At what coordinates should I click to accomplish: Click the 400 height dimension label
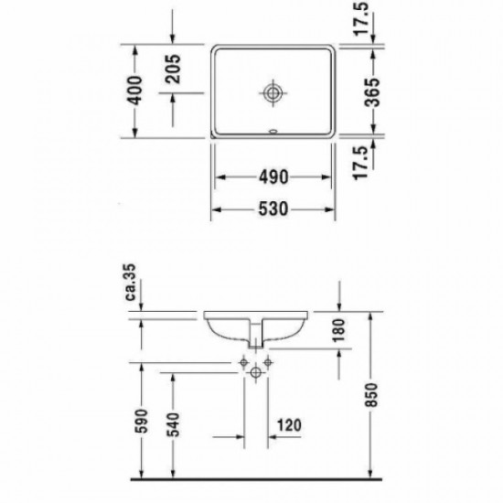pos(136,89)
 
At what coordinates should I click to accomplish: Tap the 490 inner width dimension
pos(273,175)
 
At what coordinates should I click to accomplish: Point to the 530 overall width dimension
pos(273,209)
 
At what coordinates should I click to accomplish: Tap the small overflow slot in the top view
pos(273,130)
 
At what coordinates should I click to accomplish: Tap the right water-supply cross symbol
pos(267,364)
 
